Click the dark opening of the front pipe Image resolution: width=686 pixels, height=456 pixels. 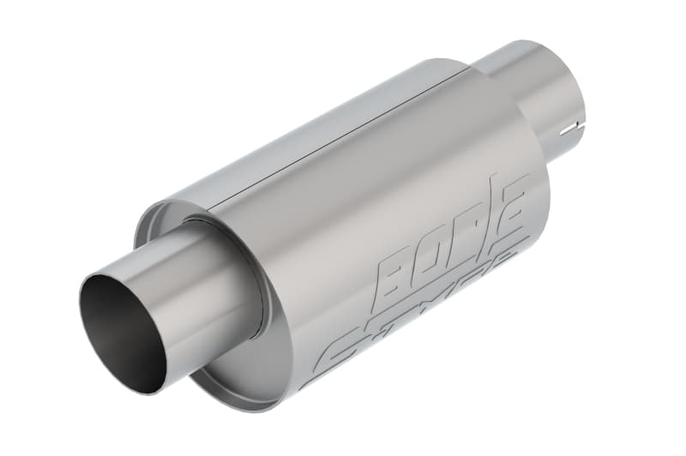[120, 330]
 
